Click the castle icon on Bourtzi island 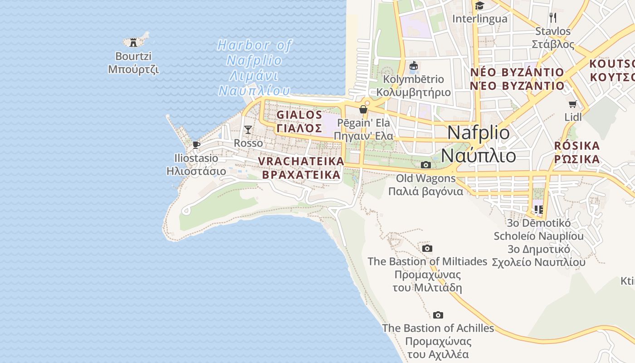[x=133, y=42]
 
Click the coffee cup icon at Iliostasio [x=196, y=145]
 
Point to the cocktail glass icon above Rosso [x=248, y=130]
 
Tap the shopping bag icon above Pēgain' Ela [x=363, y=109]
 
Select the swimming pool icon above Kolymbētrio [x=413, y=66]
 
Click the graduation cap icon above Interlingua [x=479, y=6]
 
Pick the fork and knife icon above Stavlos [x=552, y=18]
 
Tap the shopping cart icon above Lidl [x=573, y=104]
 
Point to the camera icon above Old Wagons [x=425, y=165]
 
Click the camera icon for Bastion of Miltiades [x=427, y=248]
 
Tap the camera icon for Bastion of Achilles [x=438, y=315]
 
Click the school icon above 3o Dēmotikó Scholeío [x=538, y=209]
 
